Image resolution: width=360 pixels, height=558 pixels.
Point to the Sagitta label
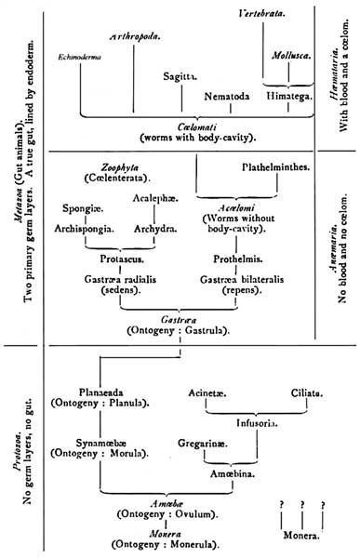[x=178, y=77]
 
